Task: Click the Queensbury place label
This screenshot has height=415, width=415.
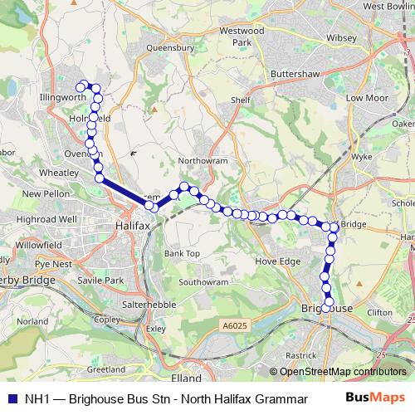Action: [170, 48]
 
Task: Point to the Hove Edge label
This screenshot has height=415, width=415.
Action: [277, 261]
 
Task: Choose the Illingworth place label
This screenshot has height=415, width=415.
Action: [63, 97]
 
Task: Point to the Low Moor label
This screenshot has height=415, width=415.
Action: [366, 97]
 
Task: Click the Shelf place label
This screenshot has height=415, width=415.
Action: [241, 100]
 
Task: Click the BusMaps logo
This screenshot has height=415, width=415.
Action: [375, 398]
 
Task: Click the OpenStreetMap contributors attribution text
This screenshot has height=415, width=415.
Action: [337, 372]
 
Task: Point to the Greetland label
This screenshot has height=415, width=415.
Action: [105, 369]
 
